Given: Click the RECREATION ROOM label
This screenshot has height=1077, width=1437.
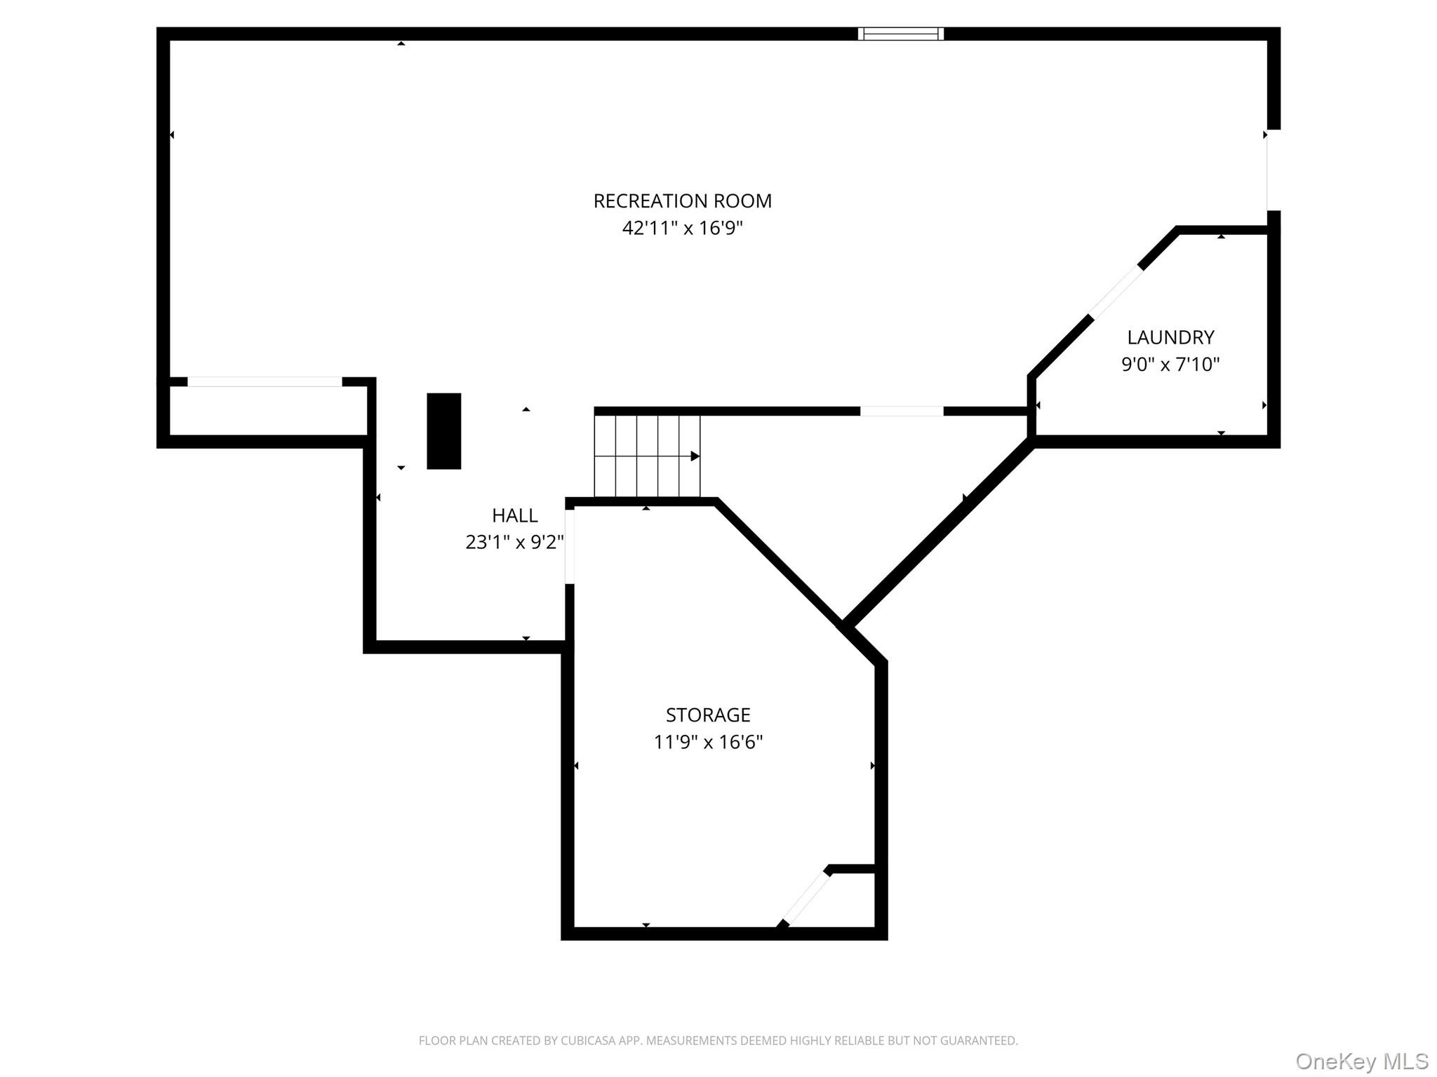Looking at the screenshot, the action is [x=682, y=201].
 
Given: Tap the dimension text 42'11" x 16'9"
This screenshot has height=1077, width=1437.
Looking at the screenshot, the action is [x=682, y=228].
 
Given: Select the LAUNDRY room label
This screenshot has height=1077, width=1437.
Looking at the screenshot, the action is [x=1170, y=337].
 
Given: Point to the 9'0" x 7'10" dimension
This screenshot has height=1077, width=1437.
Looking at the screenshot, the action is [x=1170, y=365].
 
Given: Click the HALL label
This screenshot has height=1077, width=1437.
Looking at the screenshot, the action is [x=515, y=515].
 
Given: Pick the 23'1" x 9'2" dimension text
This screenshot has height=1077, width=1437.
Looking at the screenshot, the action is [x=515, y=542].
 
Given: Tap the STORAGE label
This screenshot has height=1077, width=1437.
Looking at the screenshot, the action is [x=708, y=714].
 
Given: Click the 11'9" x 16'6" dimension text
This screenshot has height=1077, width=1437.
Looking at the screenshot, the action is [x=708, y=742].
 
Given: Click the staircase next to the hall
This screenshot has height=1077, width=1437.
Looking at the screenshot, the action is [x=647, y=456].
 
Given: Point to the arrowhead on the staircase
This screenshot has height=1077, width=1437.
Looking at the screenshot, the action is [x=695, y=456].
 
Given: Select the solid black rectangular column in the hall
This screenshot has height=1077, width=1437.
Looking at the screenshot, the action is [x=444, y=431].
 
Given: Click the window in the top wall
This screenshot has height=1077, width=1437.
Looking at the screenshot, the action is [x=901, y=34].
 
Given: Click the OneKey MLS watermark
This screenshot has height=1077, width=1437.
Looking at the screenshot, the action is [x=1362, y=1061].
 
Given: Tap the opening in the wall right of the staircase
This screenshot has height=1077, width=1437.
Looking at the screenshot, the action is [x=902, y=412].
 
